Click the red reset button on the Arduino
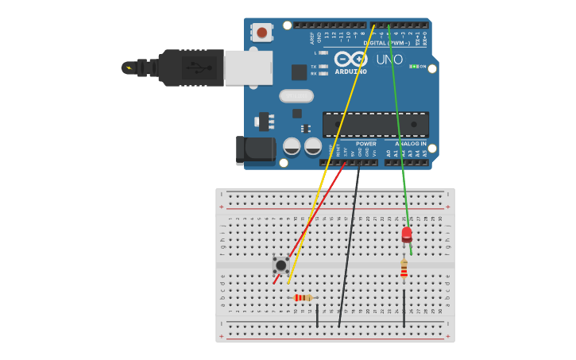[x=261, y=33]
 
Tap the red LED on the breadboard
[x=407, y=234]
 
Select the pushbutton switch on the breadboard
[x=280, y=265]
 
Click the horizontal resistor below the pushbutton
[x=303, y=298]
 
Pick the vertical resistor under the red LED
[x=404, y=269]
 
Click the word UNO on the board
[x=389, y=60]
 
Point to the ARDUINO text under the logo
[x=350, y=72]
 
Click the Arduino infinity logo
[x=350, y=59]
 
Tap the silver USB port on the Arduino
[x=248, y=68]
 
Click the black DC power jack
[x=253, y=149]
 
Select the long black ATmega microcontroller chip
[x=375, y=124]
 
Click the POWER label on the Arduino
[x=365, y=144]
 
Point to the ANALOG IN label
[x=411, y=144]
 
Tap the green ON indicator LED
[x=414, y=67]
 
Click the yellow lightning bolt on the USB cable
[x=128, y=68]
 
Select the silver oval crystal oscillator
[x=296, y=96]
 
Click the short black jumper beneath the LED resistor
[x=404, y=308]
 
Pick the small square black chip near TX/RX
[x=299, y=72]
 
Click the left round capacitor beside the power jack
[x=292, y=146]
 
